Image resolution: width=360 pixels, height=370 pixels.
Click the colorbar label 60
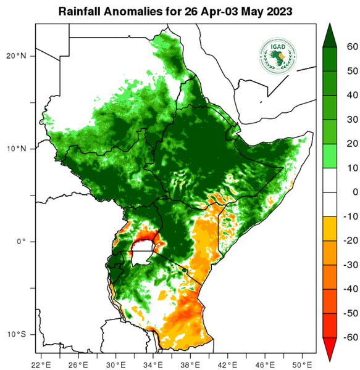click(348, 47)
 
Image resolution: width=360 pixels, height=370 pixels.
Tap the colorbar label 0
click(351, 192)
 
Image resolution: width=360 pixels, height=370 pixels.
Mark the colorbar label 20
click(348, 144)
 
